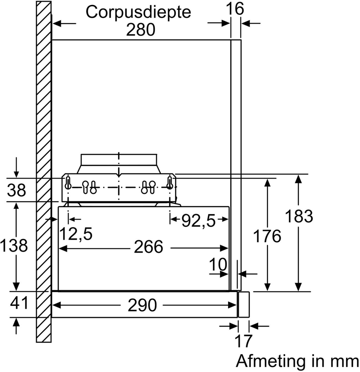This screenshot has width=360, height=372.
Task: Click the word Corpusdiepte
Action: pyautogui.click(x=138, y=12)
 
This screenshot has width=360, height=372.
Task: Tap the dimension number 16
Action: pyautogui.click(x=236, y=9)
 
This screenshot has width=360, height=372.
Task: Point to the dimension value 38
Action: pyautogui.click(x=17, y=191)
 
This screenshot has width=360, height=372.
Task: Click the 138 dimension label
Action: pyautogui.click(x=14, y=246)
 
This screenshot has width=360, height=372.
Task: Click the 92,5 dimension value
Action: pyautogui.click(x=199, y=222)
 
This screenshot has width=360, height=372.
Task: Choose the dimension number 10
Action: pyautogui.click(x=218, y=265)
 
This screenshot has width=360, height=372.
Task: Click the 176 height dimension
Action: pyautogui.click(x=267, y=236)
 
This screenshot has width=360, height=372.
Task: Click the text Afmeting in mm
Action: pyautogui.click(x=297, y=361)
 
